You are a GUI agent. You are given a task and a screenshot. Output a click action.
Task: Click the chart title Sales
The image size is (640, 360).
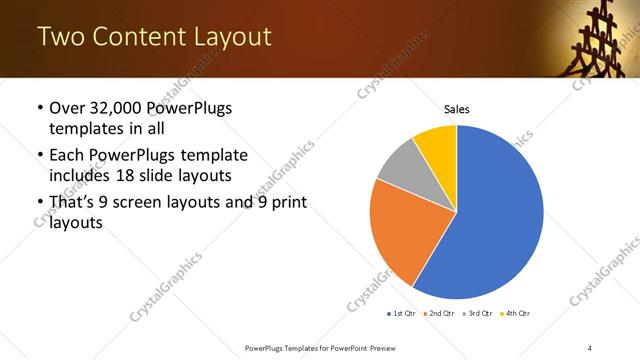(456, 109)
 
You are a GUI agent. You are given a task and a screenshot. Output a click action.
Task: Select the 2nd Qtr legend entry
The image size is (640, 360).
(439, 313)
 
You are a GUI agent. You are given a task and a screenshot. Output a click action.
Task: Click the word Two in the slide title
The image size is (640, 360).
(59, 37)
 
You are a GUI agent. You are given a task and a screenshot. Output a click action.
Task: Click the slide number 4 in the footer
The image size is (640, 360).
(590, 347)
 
